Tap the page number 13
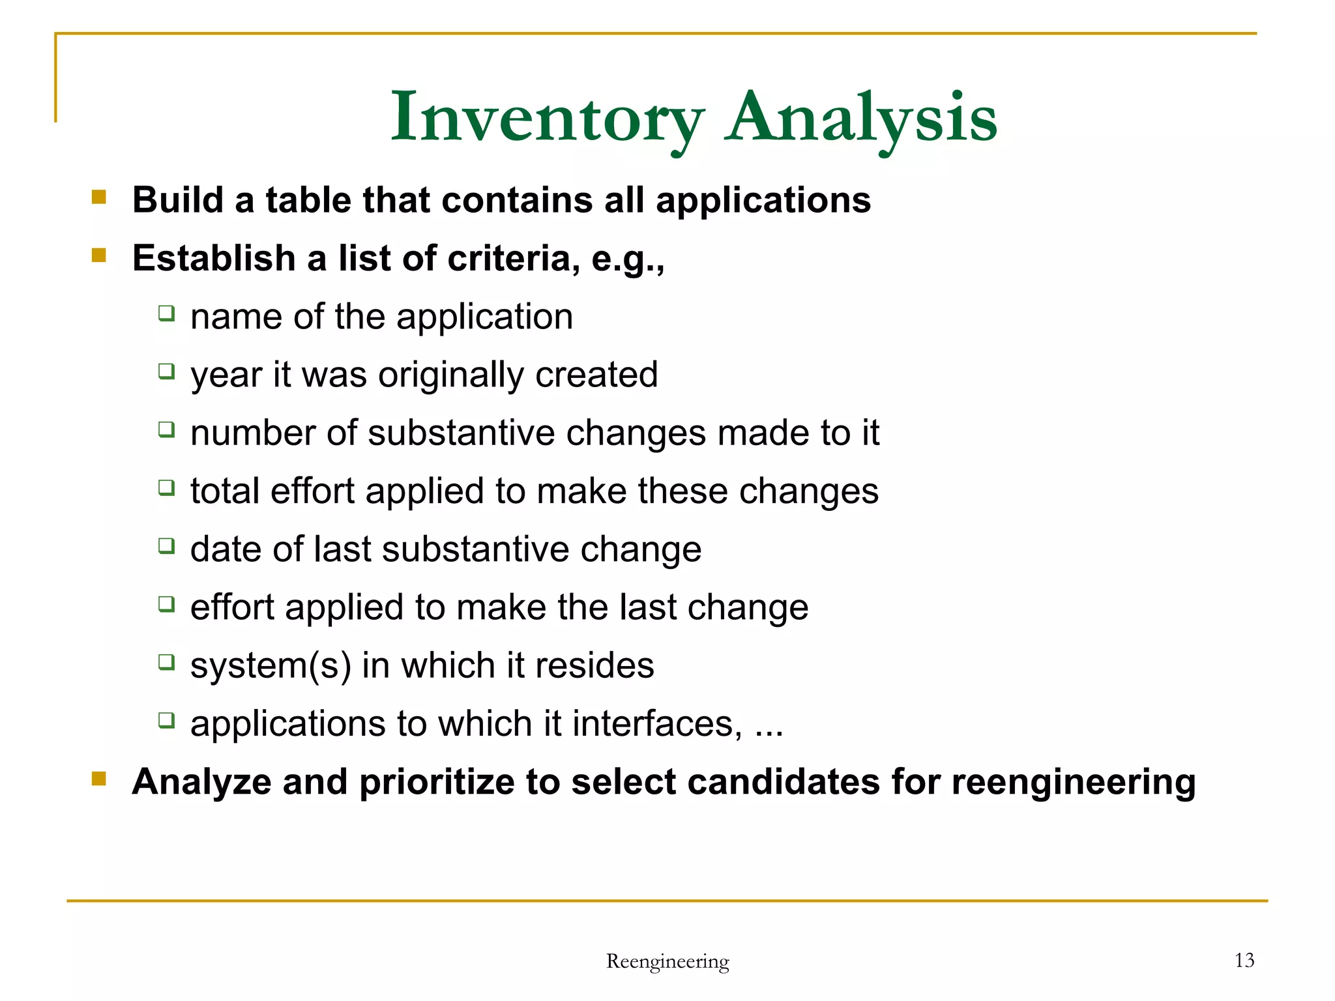tap(1244, 960)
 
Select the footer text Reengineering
tap(667, 961)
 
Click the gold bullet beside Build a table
tap(99, 197)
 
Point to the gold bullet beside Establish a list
tap(99, 255)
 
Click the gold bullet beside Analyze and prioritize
tap(99, 778)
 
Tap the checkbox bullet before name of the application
tap(167, 313)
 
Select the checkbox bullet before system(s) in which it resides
tap(167, 662)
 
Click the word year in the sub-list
tap(226, 375)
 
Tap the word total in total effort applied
tap(225, 491)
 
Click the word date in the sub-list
tap(226, 549)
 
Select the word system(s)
tap(271, 666)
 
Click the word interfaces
tap(657, 724)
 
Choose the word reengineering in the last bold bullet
tap(1074, 783)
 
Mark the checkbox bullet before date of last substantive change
tap(167, 546)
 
